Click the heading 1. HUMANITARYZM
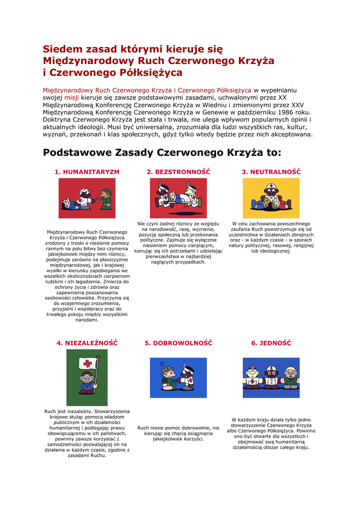tap(87, 172)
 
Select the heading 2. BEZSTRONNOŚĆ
tap(178, 172)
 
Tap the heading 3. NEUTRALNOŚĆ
tap(271, 172)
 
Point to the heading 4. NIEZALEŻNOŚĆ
tap(87, 343)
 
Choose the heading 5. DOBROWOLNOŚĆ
tap(178, 343)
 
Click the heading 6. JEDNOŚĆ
tap(271, 343)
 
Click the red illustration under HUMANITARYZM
tap(87, 198)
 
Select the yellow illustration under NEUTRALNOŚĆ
tap(271, 198)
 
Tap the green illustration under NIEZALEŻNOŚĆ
tap(87, 378)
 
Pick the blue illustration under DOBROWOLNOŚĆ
tap(178, 378)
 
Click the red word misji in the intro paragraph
tap(72, 98)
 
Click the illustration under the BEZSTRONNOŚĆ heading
tap(178, 198)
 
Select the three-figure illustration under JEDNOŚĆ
tap(271, 378)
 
